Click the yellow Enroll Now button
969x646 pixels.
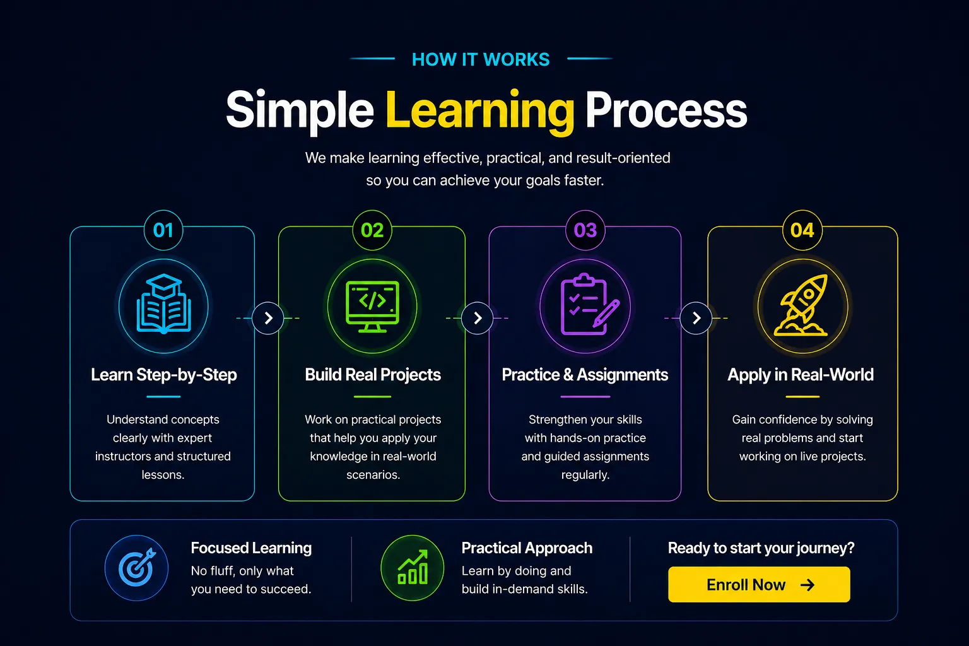[x=759, y=584]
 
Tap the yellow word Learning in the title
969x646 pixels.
[x=479, y=111]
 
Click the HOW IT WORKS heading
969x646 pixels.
[x=481, y=59]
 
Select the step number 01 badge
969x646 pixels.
[x=163, y=230]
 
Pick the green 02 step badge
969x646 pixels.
[x=372, y=230]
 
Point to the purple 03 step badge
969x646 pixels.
[x=585, y=230]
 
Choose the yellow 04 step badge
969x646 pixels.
[x=802, y=230]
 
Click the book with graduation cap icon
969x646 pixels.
[x=163, y=304]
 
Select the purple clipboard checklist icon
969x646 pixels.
[x=590, y=305]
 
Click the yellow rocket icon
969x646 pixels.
[x=801, y=305]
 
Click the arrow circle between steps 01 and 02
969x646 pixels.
[x=267, y=318]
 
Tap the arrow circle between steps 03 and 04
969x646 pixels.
[x=696, y=318]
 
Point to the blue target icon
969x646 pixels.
[x=137, y=568]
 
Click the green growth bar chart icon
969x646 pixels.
[x=412, y=568]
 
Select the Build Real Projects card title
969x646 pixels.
[x=373, y=375]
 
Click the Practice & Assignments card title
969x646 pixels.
[x=585, y=375]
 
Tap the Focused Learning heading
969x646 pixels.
[x=251, y=548]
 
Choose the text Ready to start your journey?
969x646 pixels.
[x=761, y=548]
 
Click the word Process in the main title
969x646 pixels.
[x=666, y=111]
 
